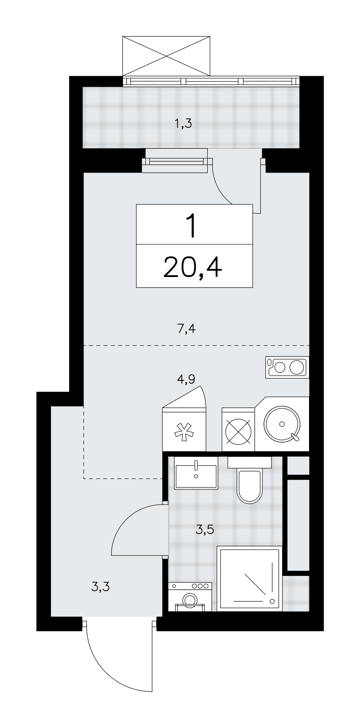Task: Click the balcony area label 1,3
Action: pos(183,124)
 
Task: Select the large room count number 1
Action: pos(191,226)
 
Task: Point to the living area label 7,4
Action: pos(186,329)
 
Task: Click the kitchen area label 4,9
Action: pos(186,379)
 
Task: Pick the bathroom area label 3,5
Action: pos(204,530)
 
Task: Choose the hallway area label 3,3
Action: pos(100,586)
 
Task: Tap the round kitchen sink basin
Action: pos(282,424)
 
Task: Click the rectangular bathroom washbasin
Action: pos(196,472)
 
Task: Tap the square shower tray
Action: pos(250,578)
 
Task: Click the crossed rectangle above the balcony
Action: pos(166,56)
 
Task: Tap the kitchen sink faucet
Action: pos(294,436)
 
